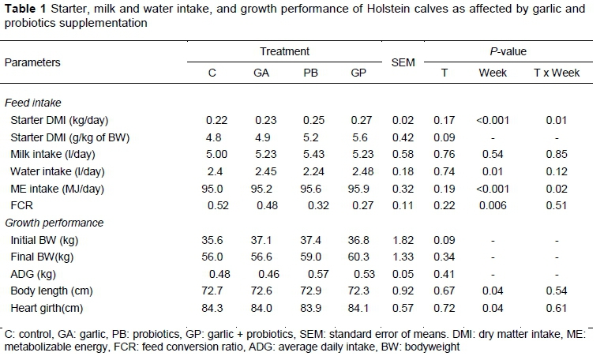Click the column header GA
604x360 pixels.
pyautogui.click(x=260, y=73)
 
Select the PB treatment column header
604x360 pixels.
pyautogui.click(x=309, y=73)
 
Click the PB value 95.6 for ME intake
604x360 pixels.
pyautogui.click(x=309, y=189)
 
